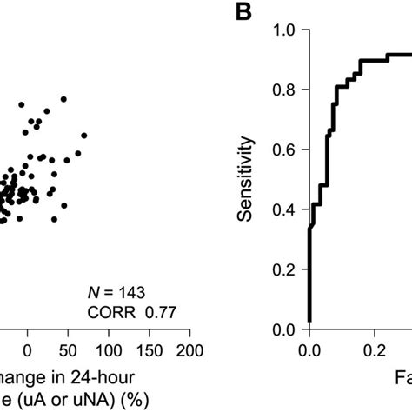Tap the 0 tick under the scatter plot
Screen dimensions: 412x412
(x=28, y=350)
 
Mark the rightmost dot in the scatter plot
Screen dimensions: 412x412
(x=84, y=135)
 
